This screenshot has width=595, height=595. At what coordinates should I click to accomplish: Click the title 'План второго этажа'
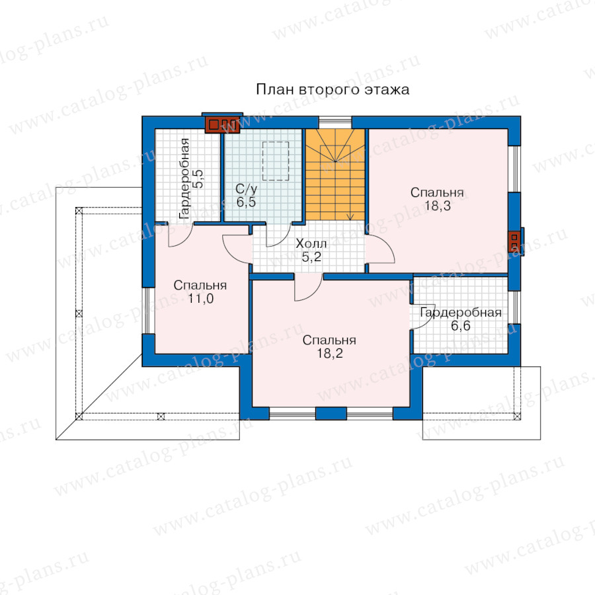[x=333, y=90]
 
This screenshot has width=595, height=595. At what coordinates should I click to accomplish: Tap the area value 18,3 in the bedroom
[x=438, y=206]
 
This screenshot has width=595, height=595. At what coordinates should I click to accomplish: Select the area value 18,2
[x=330, y=353]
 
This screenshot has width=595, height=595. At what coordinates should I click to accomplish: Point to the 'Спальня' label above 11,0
[x=200, y=286]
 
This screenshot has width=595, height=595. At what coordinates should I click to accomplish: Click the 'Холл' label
[x=311, y=243]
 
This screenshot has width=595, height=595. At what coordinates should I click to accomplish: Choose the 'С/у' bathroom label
[x=247, y=188]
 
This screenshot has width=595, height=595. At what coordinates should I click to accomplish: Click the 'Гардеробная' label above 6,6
[x=461, y=313]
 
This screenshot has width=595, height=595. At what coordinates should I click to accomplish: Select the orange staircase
[x=335, y=174]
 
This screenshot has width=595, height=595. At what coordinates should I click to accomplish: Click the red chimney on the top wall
[x=222, y=124]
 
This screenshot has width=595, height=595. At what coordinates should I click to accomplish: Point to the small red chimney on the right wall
[x=514, y=242]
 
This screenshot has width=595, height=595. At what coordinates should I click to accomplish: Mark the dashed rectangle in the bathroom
[x=276, y=161]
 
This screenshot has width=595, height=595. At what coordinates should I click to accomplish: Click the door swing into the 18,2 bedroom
[x=309, y=288]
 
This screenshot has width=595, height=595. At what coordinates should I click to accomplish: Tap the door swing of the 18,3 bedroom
[x=381, y=249]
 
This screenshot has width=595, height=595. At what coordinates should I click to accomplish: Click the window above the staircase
[x=335, y=122]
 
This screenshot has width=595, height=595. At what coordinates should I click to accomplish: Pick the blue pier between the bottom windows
[x=331, y=413]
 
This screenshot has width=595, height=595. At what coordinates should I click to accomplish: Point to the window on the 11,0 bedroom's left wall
[x=148, y=311]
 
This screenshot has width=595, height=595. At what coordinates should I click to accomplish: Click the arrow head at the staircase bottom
[x=350, y=218]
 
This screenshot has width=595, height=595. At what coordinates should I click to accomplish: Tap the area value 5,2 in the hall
[x=311, y=257]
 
